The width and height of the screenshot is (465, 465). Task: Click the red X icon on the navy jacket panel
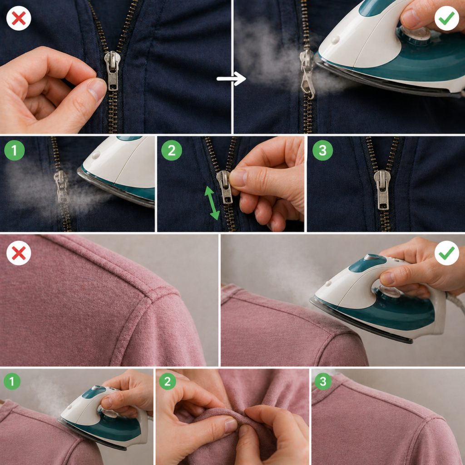pos(19,18)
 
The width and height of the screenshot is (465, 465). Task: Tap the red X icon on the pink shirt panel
pos(19,253)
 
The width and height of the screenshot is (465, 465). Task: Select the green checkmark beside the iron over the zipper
pos(447,18)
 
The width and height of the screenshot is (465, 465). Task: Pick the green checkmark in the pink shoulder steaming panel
pos(447,253)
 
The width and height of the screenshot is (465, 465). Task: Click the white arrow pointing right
pos(231,79)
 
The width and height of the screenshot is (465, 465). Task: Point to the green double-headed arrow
pos(212,203)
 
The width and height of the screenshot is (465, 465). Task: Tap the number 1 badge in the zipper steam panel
pos(14,150)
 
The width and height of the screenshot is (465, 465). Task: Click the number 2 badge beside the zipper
pos(171,150)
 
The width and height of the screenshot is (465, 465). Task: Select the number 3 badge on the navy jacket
pos(323,150)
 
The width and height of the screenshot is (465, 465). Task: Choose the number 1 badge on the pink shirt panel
pos(12,381)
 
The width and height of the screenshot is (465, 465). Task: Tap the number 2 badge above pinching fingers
pos(168,381)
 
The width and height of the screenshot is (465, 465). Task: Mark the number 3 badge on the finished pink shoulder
pos(323,381)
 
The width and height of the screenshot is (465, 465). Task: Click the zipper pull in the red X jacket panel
pos(113,70)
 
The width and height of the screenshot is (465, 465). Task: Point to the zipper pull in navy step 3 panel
pos(382,189)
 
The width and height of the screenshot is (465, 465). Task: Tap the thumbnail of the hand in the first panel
pos(97,89)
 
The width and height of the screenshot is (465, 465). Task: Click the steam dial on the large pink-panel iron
pos(389,291)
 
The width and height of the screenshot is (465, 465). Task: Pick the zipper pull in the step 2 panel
pos(225,187)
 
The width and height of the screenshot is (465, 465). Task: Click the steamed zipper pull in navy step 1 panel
pos(61,186)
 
